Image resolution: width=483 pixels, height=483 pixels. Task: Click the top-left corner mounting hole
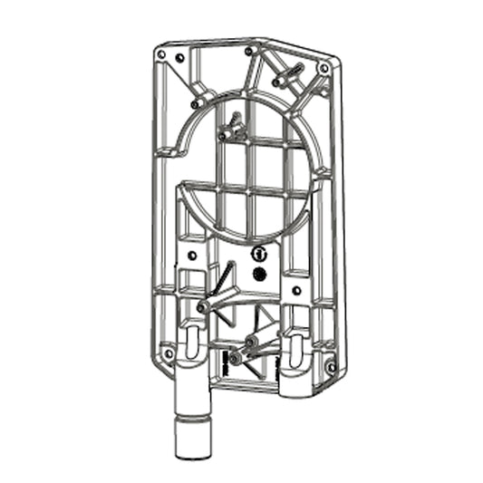161,55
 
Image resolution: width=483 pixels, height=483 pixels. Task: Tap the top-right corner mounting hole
324,68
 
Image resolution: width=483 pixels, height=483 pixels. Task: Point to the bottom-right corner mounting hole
330,367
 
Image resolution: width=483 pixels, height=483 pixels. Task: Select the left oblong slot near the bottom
191,344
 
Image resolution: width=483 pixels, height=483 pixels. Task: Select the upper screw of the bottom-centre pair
249,343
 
